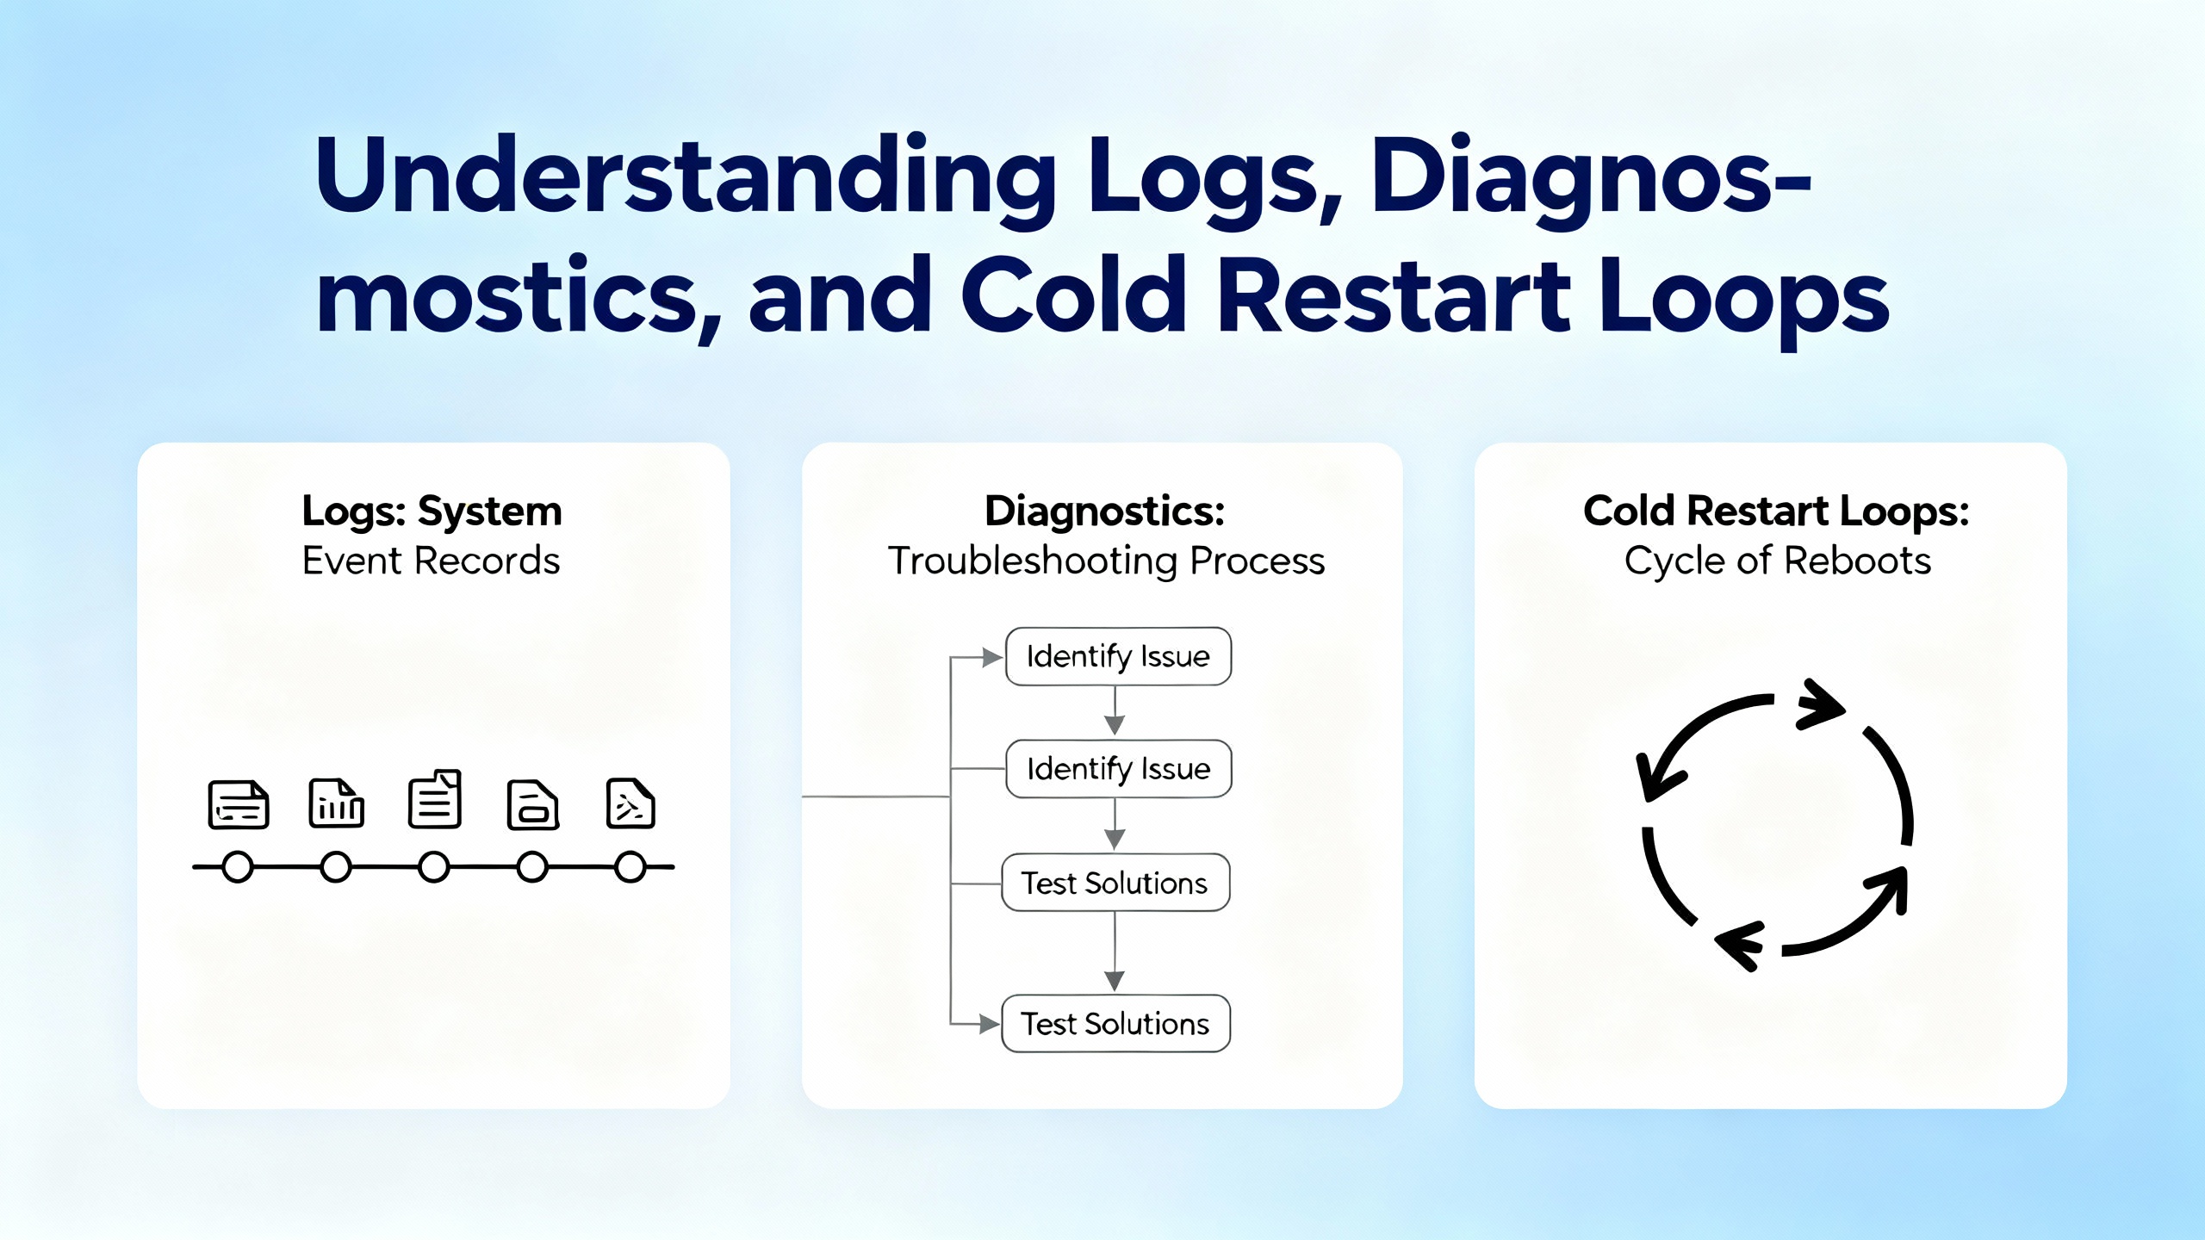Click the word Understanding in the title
[686, 177]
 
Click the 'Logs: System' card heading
[432, 512]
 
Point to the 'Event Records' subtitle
[431, 561]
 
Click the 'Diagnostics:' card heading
[1104, 512]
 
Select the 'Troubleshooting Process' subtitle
[1106, 561]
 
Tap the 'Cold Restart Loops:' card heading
[1776, 512]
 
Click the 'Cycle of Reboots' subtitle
[1777, 561]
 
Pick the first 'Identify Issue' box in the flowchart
[1118, 657]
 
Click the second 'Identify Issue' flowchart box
[1118, 769]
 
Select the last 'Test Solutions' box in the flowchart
[1115, 1024]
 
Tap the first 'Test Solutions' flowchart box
[1115, 883]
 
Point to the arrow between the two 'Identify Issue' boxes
[1115, 713]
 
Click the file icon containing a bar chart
[336, 803]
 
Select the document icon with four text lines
[434, 800]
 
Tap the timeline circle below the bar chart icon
[336, 867]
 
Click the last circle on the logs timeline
[630, 867]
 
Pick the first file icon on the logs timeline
[239, 805]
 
